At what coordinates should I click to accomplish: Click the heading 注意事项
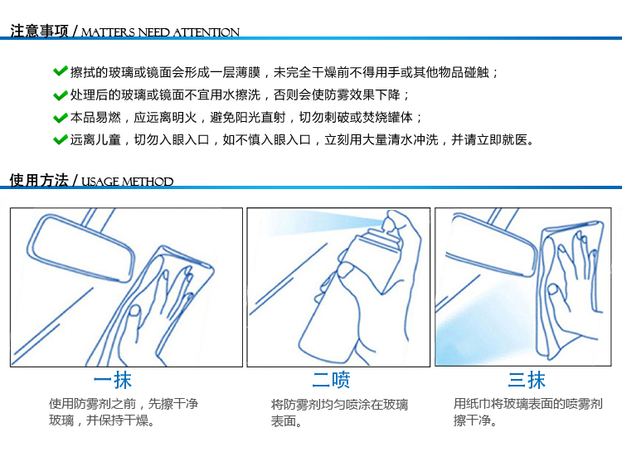[x=39, y=31]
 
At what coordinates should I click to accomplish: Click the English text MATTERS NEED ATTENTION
[x=160, y=32]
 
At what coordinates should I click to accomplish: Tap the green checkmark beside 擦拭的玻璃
[x=60, y=71]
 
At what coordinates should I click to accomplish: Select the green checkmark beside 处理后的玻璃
[x=60, y=95]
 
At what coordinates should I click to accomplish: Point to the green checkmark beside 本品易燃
[x=60, y=118]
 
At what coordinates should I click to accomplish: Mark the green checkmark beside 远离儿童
[x=60, y=139]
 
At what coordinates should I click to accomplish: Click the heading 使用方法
[x=39, y=180]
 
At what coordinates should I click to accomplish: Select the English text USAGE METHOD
[x=128, y=182]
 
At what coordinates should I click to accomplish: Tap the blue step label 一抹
[x=112, y=380]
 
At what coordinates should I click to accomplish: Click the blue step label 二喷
[x=331, y=380]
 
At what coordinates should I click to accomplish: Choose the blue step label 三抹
[x=527, y=379]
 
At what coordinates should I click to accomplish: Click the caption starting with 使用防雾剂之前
[x=124, y=412]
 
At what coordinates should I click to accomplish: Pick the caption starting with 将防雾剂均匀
[x=339, y=413]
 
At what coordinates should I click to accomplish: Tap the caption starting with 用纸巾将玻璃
[x=528, y=412]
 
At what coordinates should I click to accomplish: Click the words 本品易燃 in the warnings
[x=95, y=118]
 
